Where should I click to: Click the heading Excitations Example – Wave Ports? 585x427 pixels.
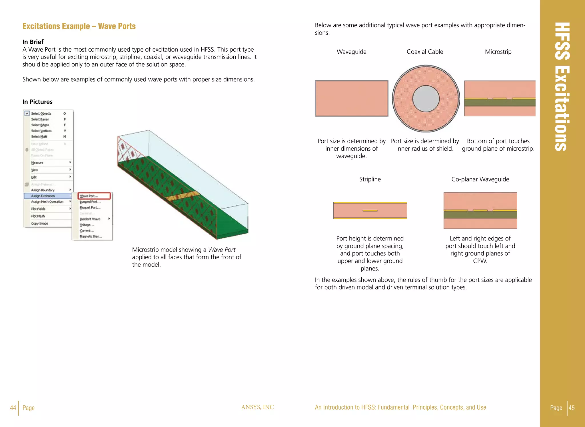pos(79,26)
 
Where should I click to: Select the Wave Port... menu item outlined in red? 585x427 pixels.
pos(94,196)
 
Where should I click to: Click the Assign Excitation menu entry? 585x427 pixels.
pos(43,196)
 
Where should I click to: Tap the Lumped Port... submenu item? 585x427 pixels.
pos(90,202)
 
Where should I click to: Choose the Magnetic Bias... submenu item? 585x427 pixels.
pos(91,236)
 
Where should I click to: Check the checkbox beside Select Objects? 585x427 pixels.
pos(27,114)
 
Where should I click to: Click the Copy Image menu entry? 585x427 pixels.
pos(40,224)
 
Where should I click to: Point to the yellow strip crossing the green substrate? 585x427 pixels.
pos(183,196)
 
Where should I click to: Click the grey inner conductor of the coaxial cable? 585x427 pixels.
pos(426,99)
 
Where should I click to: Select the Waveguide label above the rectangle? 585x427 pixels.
pos(351,52)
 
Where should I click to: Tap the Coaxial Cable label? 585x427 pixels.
pos(425,52)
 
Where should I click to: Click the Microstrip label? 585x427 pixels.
pos(498,52)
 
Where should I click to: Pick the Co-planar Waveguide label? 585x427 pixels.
pos(480,179)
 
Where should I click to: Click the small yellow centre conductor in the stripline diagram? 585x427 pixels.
pos(370,211)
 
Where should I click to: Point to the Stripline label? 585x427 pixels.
pos(370,179)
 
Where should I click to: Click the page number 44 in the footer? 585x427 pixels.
pos(13,408)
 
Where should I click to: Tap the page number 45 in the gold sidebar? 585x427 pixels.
pos(572,408)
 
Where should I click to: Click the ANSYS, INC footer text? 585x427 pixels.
pos(257,407)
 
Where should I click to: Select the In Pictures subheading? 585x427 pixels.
pos(37,102)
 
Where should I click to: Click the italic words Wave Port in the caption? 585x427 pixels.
pos(222,250)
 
